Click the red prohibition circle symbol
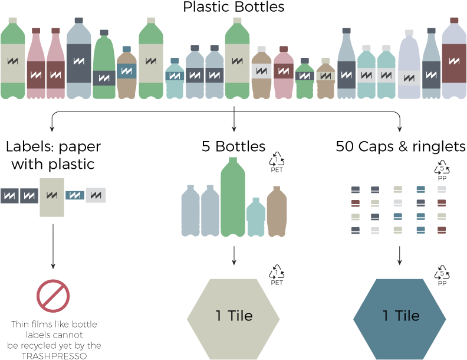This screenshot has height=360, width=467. tap(53, 296)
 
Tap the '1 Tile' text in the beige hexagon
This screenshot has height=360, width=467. tap(233, 316)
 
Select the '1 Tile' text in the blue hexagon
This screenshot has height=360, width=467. tap(400, 316)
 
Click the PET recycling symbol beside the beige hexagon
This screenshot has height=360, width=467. tap(277, 274)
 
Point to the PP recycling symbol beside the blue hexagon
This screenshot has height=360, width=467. tap(442, 274)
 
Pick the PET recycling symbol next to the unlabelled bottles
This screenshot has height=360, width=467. tap(277, 161)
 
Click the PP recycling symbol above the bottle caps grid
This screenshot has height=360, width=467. tap(442, 171)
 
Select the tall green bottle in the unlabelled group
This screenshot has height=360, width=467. tap(233, 198)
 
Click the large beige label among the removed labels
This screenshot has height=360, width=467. tap(52, 197)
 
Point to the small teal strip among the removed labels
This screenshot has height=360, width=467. tap(74, 195)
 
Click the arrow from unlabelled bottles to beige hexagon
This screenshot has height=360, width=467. tap(234, 255)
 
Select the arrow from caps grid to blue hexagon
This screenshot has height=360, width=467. tap(400, 255)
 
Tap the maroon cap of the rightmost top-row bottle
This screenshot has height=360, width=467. tap(454, 20)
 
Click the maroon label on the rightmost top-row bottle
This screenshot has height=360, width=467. tap(454, 61)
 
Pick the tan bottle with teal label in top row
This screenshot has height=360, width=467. tap(127, 74)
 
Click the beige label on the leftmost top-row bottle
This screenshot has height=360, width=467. tap(12, 61)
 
